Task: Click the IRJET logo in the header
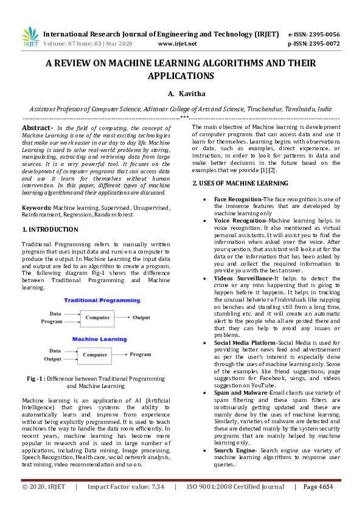coord(30,38)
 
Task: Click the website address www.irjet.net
coord(177,44)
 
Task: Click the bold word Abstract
coord(37,127)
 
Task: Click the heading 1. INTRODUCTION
coord(50,229)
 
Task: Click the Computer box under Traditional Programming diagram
coord(97,317)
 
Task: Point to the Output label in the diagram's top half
coord(142,317)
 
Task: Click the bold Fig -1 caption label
coord(38,378)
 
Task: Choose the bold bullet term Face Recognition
coord(238,199)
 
